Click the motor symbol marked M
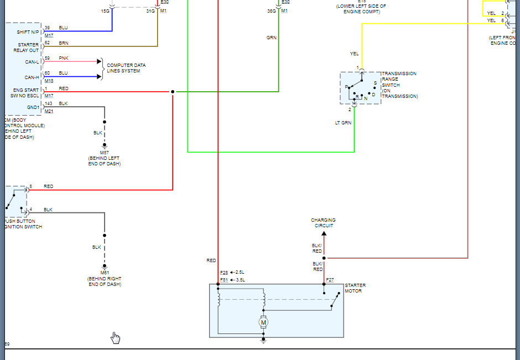[x=263, y=322]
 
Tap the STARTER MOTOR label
[x=355, y=288]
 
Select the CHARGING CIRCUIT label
[x=323, y=223]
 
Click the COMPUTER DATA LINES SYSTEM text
[x=127, y=68]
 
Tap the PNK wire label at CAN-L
[x=63, y=58]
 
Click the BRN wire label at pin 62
[x=64, y=43]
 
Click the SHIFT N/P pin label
[x=28, y=32]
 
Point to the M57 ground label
[x=104, y=152]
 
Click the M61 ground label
[x=104, y=273]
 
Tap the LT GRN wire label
[x=343, y=123]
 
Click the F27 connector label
[x=330, y=280]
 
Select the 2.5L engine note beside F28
[x=240, y=272]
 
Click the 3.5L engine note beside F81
[x=240, y=280]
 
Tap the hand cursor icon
[x=115, y=337]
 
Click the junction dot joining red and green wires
[x=173, y=92]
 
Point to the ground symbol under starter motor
[x=263, y=341]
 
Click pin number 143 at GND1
[x=48, y=103]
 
